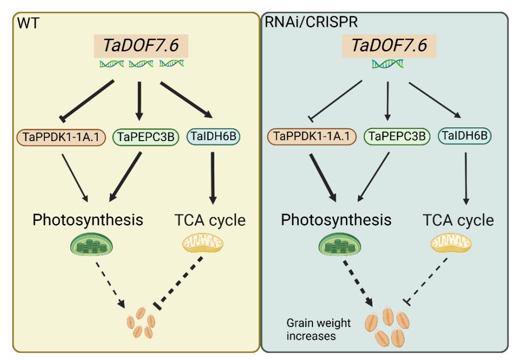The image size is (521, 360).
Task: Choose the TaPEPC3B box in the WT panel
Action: [x=144, y=137]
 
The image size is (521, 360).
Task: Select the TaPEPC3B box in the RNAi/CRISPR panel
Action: [x=396, y=137]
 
